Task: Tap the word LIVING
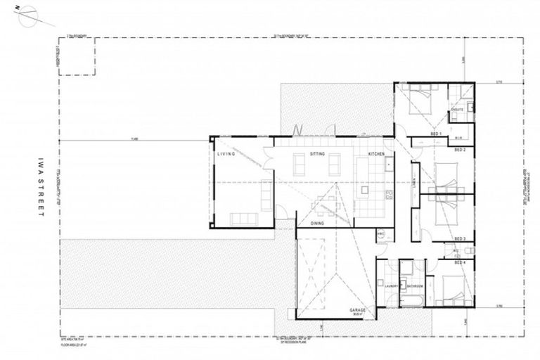(x=225, y=153)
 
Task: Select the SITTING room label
(x=316, y=153)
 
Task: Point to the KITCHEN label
(x=375, y=153)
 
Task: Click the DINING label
(x=317, y=223)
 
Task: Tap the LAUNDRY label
(x=392, y=286)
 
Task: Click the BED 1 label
(x=436, y=134)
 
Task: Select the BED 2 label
(x=461, y=149)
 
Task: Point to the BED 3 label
(x=461, y=238)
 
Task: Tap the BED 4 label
(x=461, y=262)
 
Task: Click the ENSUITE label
(x=457, y=110)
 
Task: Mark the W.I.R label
(x=456, y=138)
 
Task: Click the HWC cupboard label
(x=380, y=233)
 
